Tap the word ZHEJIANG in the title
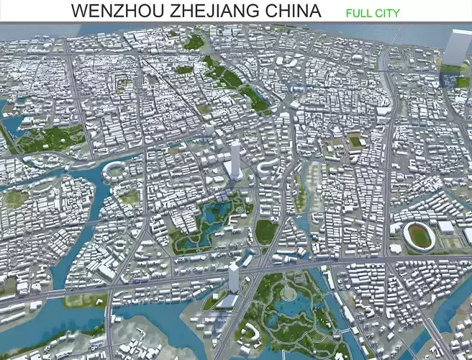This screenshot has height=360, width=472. click(x=222, y=12)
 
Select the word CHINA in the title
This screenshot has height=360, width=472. click(x=295, y=12)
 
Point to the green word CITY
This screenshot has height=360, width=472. click(x=387, y=13)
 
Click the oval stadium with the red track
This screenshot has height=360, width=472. click(x=418, y=235)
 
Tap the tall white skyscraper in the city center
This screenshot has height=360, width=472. click(x=234, y=160)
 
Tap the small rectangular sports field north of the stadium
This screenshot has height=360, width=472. click(x=355, y=142)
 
